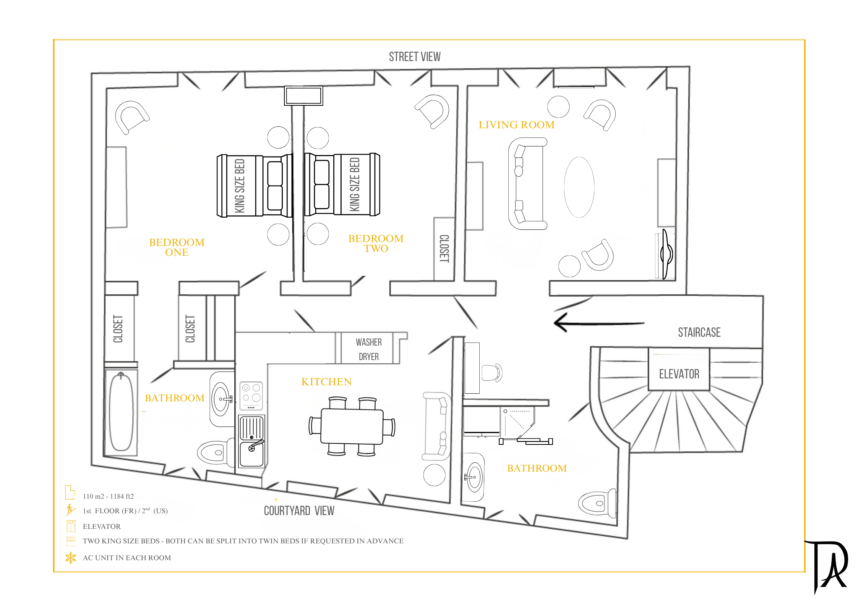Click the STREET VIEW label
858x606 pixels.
(x=415, y=57)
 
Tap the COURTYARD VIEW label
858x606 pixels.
(x=299, y=511)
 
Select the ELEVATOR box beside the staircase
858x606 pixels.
(x=679, y=369)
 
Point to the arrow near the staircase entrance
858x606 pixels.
(x=599, y=323)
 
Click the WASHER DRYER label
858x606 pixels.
(x=369, y=349)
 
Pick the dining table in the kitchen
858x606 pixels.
(x=352, y=426)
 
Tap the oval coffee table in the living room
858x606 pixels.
(x=579, y=187)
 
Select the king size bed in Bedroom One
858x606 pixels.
(x=255, y=186)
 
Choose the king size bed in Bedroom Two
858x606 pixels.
(x=342, y=184)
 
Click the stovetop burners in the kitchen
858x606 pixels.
(x=251, y=396)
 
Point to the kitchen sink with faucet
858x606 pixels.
(x=251, y=441)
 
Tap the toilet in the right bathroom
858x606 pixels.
(x=597, y=503)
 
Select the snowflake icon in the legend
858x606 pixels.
(x=71, y=558)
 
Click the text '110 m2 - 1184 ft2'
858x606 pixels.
(x=108, y=496)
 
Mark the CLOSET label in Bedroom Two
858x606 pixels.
(x=444, y=249)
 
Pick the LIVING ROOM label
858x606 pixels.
(x=516, y=125)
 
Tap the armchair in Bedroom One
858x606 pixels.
(x=131, y=117)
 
